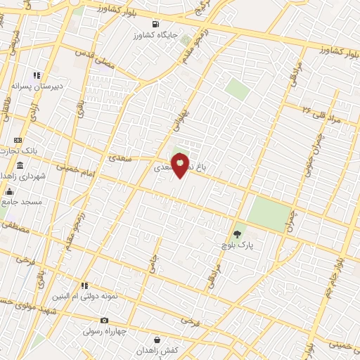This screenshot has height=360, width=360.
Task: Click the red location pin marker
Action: tap(180, 165)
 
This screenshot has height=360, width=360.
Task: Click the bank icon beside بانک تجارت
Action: tap(19, 140)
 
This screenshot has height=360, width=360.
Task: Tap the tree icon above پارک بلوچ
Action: tap(236, 235)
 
